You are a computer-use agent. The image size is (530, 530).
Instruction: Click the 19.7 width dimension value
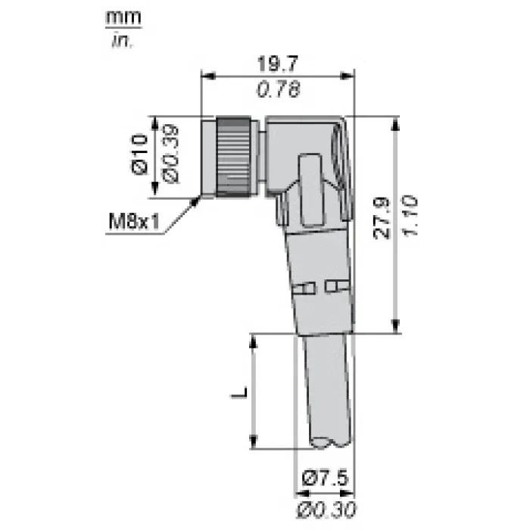278,64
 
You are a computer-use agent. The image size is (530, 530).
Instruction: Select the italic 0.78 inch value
279,90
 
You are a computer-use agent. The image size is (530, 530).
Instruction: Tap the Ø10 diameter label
140,154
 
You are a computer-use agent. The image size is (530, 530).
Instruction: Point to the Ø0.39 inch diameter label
171,154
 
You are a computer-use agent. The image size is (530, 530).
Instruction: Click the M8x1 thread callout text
134,222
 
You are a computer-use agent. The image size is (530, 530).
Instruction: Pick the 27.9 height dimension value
382,219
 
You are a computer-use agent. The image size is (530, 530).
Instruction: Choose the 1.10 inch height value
410,216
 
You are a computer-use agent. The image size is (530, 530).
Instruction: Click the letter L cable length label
240,391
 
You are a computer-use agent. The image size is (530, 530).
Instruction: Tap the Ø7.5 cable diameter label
325,479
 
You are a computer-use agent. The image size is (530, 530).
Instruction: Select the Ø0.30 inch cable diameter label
326,510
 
